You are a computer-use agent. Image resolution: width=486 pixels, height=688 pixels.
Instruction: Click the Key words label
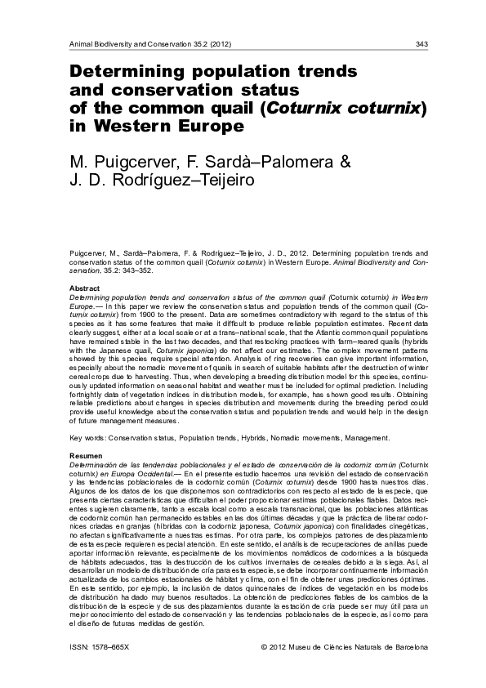pos(83,438)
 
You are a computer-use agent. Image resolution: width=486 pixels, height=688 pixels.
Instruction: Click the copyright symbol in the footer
pos(263,646)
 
